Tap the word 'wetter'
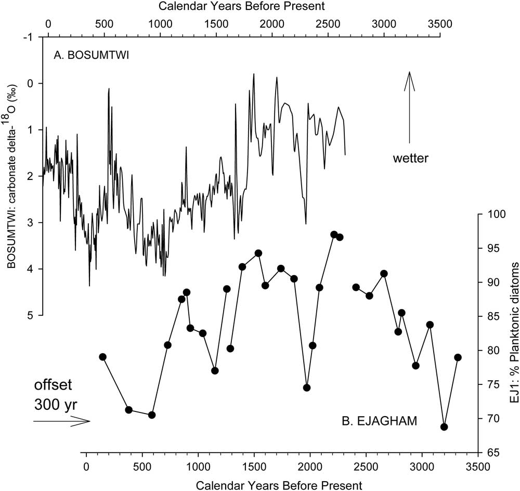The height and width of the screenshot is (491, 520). pos(410,158)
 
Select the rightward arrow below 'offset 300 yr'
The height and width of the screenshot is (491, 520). pos(61,421)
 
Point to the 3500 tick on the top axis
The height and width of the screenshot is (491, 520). pos(439,24)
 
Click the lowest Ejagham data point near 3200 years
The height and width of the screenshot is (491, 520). pos(444,427)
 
